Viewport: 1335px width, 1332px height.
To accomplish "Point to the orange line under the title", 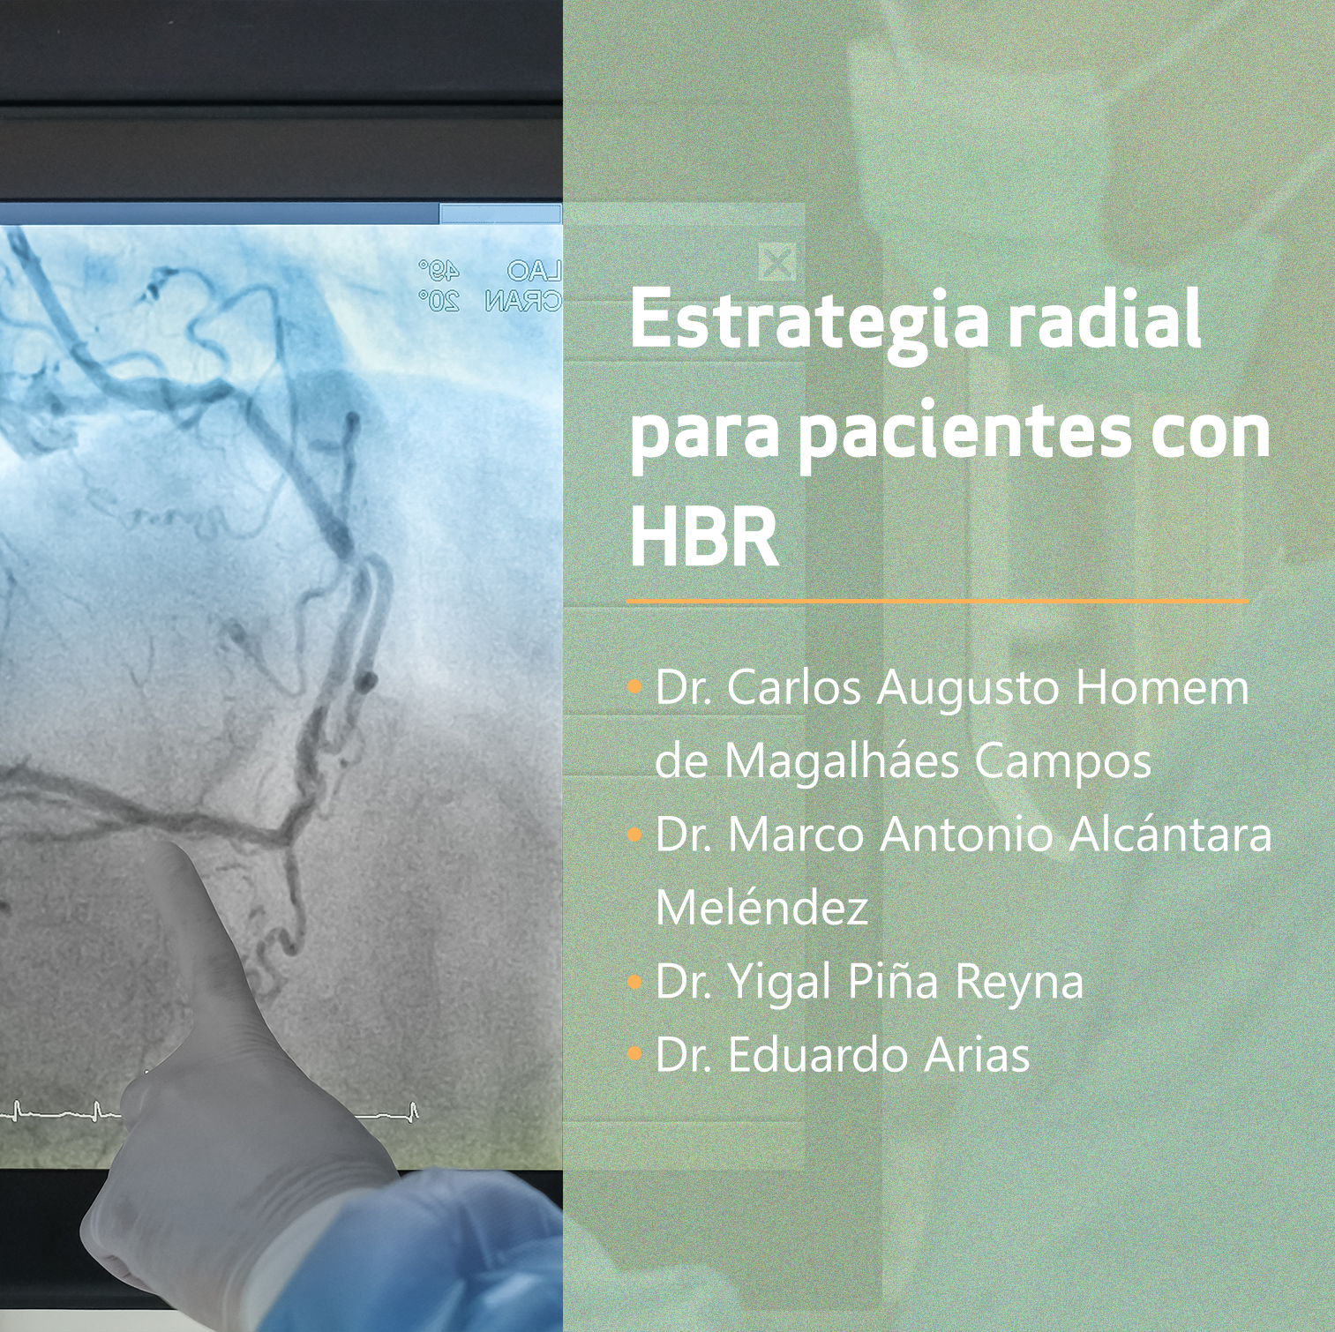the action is pos(938,602).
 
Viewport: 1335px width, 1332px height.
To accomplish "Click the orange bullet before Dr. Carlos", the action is pos(634,687).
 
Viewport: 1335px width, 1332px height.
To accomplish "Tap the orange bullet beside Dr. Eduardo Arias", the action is pos(634,1053).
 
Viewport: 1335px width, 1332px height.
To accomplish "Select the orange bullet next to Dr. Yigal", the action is pos(634,980).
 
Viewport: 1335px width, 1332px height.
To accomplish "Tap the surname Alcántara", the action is pos(1170,834).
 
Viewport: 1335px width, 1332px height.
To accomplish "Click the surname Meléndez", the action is pos(762,907).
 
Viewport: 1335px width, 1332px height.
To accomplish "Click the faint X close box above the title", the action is pos(776,261).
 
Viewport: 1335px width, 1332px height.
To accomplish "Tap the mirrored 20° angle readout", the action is pos(439,302).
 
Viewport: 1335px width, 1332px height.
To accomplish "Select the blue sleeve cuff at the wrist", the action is pos(459,1253).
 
